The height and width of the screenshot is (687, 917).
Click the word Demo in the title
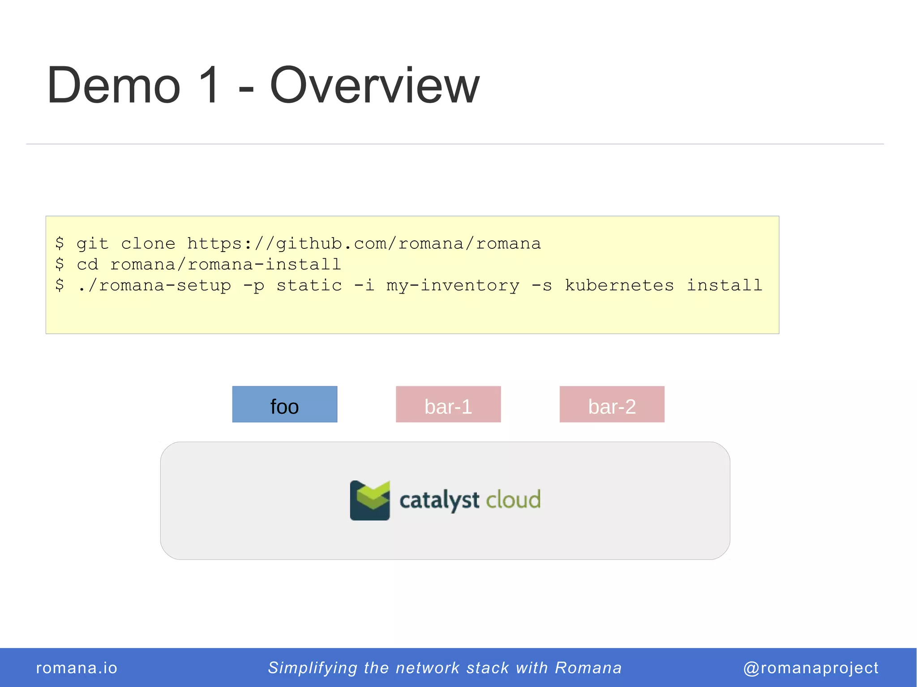pos(114,85)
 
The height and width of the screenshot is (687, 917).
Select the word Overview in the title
pos(374,85)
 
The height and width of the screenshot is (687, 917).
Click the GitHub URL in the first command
pos(364,244)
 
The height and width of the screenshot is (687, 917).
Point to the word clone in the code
pos(148,244)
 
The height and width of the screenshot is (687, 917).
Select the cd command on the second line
pos(87,265)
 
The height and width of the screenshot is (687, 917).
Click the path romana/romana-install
pos(226,265)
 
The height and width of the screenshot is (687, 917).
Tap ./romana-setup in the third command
pos(154,286)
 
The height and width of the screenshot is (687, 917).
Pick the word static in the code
pos(309,286)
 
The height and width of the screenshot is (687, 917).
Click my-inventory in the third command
pos(453,286)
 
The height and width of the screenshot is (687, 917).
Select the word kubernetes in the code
pos(619,286)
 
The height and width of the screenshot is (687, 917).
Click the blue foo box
pos(285,405)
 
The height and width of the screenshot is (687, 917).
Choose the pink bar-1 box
pos(448,405)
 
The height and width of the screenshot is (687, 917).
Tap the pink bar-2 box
pos(612,405)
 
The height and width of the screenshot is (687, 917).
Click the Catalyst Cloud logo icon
pos(370,500)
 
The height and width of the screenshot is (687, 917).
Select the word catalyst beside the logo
pos(439,500)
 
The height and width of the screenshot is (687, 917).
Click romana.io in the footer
pos(77,668)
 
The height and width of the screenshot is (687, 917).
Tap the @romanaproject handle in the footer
pos(810,668)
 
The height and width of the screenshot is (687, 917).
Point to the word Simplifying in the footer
pos(313,668)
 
